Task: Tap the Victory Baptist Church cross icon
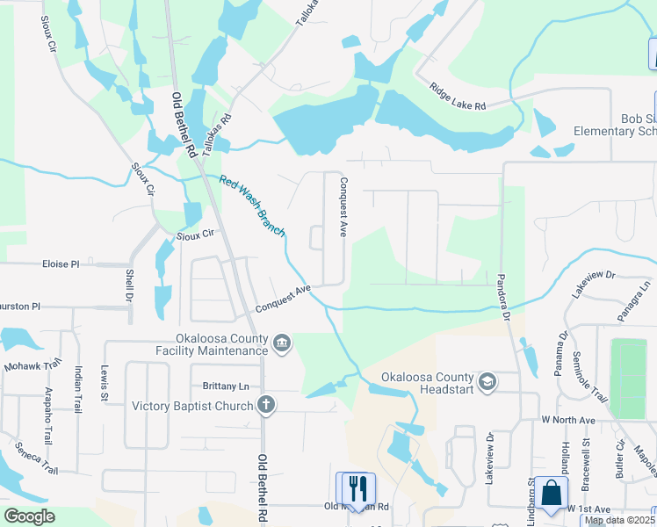point(265,405)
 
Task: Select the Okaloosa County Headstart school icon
point(488,381)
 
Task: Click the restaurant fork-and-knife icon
point(356,487)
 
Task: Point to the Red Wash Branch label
point(252,206)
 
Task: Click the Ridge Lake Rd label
point(458,97)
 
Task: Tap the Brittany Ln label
point(226,386)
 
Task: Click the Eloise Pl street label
point(61,263)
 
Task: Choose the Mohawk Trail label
point(32,365)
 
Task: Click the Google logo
point(29,516)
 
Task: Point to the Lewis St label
point(104,384)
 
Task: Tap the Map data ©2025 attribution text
point(618,520)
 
